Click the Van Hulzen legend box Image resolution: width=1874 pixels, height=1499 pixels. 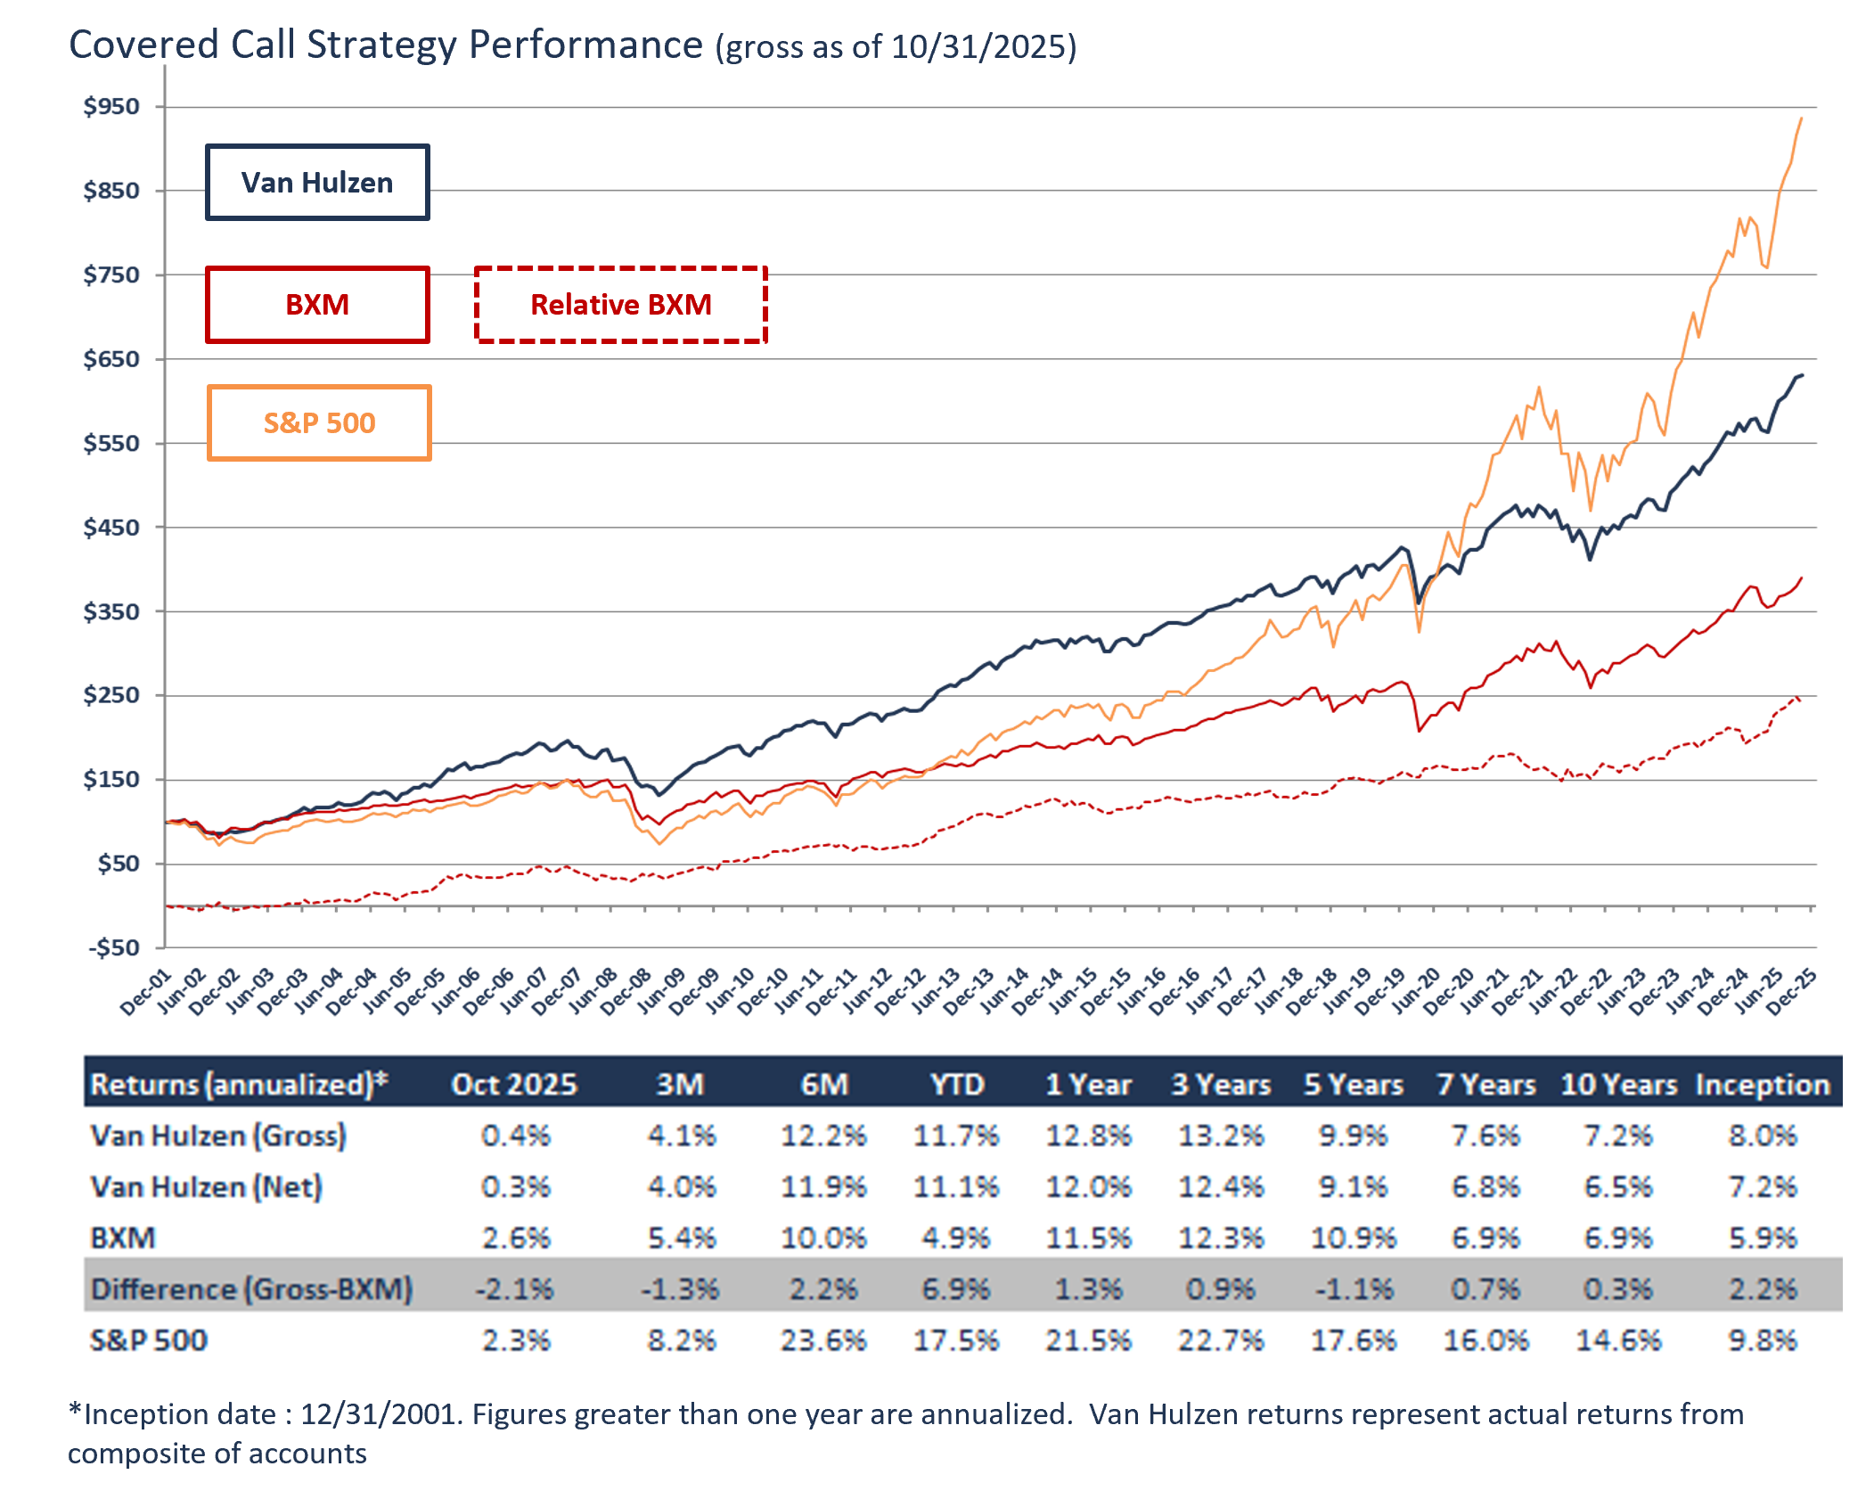tap(317, 183)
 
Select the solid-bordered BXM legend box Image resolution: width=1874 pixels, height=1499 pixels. tap(317, 305)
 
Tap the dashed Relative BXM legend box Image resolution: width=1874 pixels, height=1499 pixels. tap(621, 305)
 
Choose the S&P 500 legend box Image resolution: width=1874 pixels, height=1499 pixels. tap(319, 422)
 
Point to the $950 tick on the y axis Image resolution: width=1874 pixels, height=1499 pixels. tap(112, 107)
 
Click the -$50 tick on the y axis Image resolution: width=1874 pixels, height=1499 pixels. tap(114, 947)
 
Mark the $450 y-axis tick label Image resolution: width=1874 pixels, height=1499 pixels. tap(112, 528)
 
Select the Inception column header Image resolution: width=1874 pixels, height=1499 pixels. tap(1762, 1085)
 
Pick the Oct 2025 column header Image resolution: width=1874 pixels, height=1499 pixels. tap(514, 1085)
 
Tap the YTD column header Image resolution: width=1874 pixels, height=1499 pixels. tap(957, 1085)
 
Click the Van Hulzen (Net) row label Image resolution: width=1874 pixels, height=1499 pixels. tap(206, 1187)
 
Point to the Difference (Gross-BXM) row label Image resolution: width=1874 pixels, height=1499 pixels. tap(251, 1290)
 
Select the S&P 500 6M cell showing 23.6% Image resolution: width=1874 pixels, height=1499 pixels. tap(823, 1340)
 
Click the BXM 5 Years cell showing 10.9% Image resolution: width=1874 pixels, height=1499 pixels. tap(1354, 1238)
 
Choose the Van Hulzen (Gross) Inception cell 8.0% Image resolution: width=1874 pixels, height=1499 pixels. tap(1762, 1136)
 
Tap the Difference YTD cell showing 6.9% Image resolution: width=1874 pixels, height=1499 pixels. tap(956, 1290)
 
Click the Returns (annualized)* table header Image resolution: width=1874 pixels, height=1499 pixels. tap(239, 1085)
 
